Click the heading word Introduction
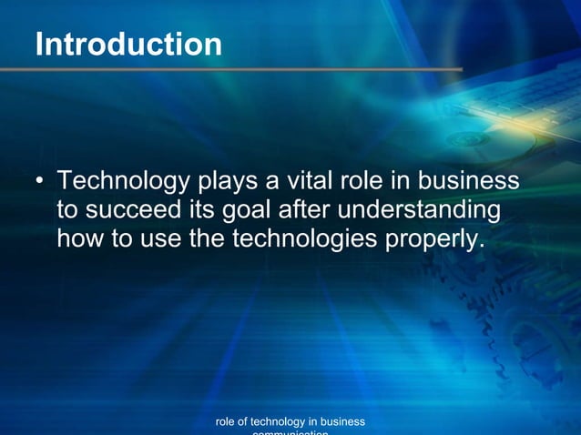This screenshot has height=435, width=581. click(x=128, y=44)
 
